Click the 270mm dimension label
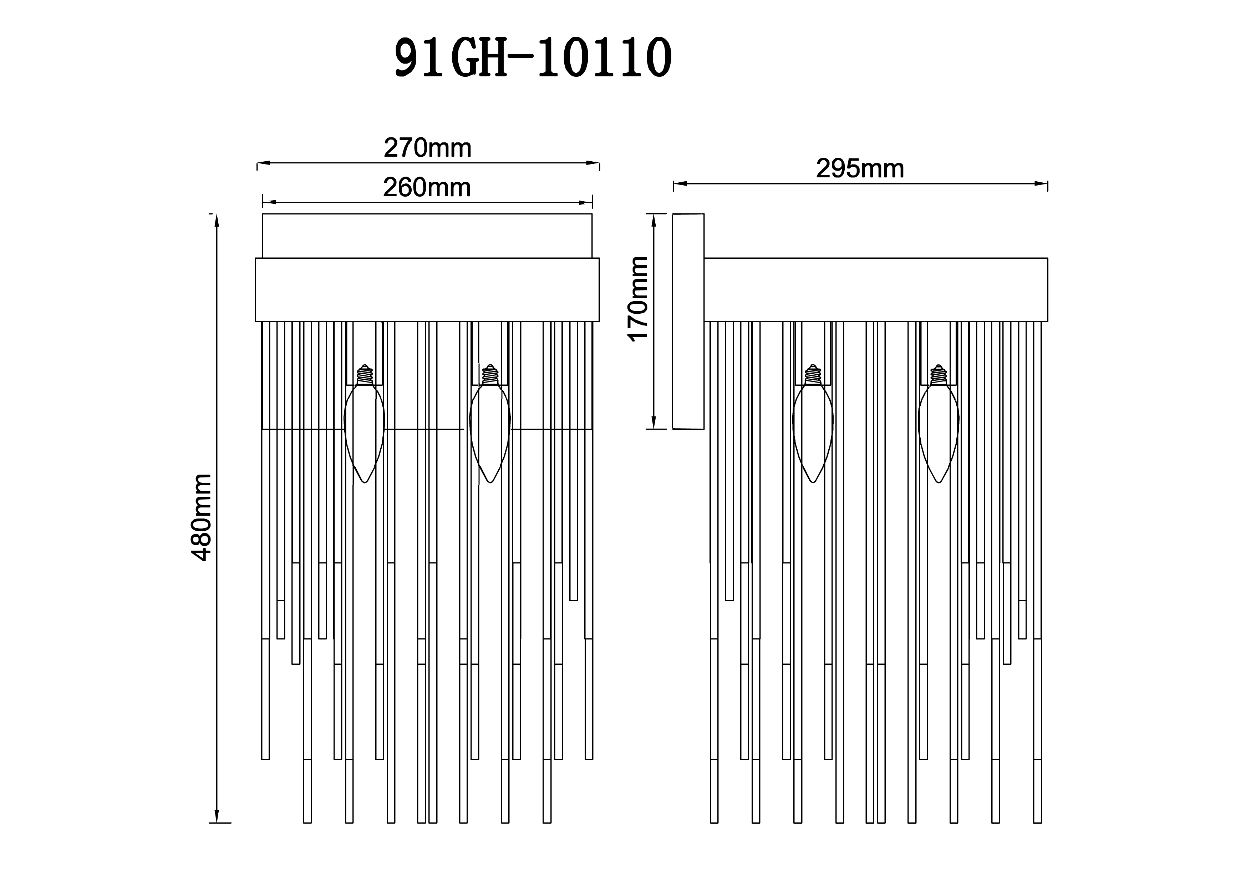(427, 148)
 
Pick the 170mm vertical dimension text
(638, 299)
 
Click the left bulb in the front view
(364, 433)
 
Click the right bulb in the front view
(490, 433)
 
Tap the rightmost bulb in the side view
(938, 433)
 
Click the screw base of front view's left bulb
(365, 375)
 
